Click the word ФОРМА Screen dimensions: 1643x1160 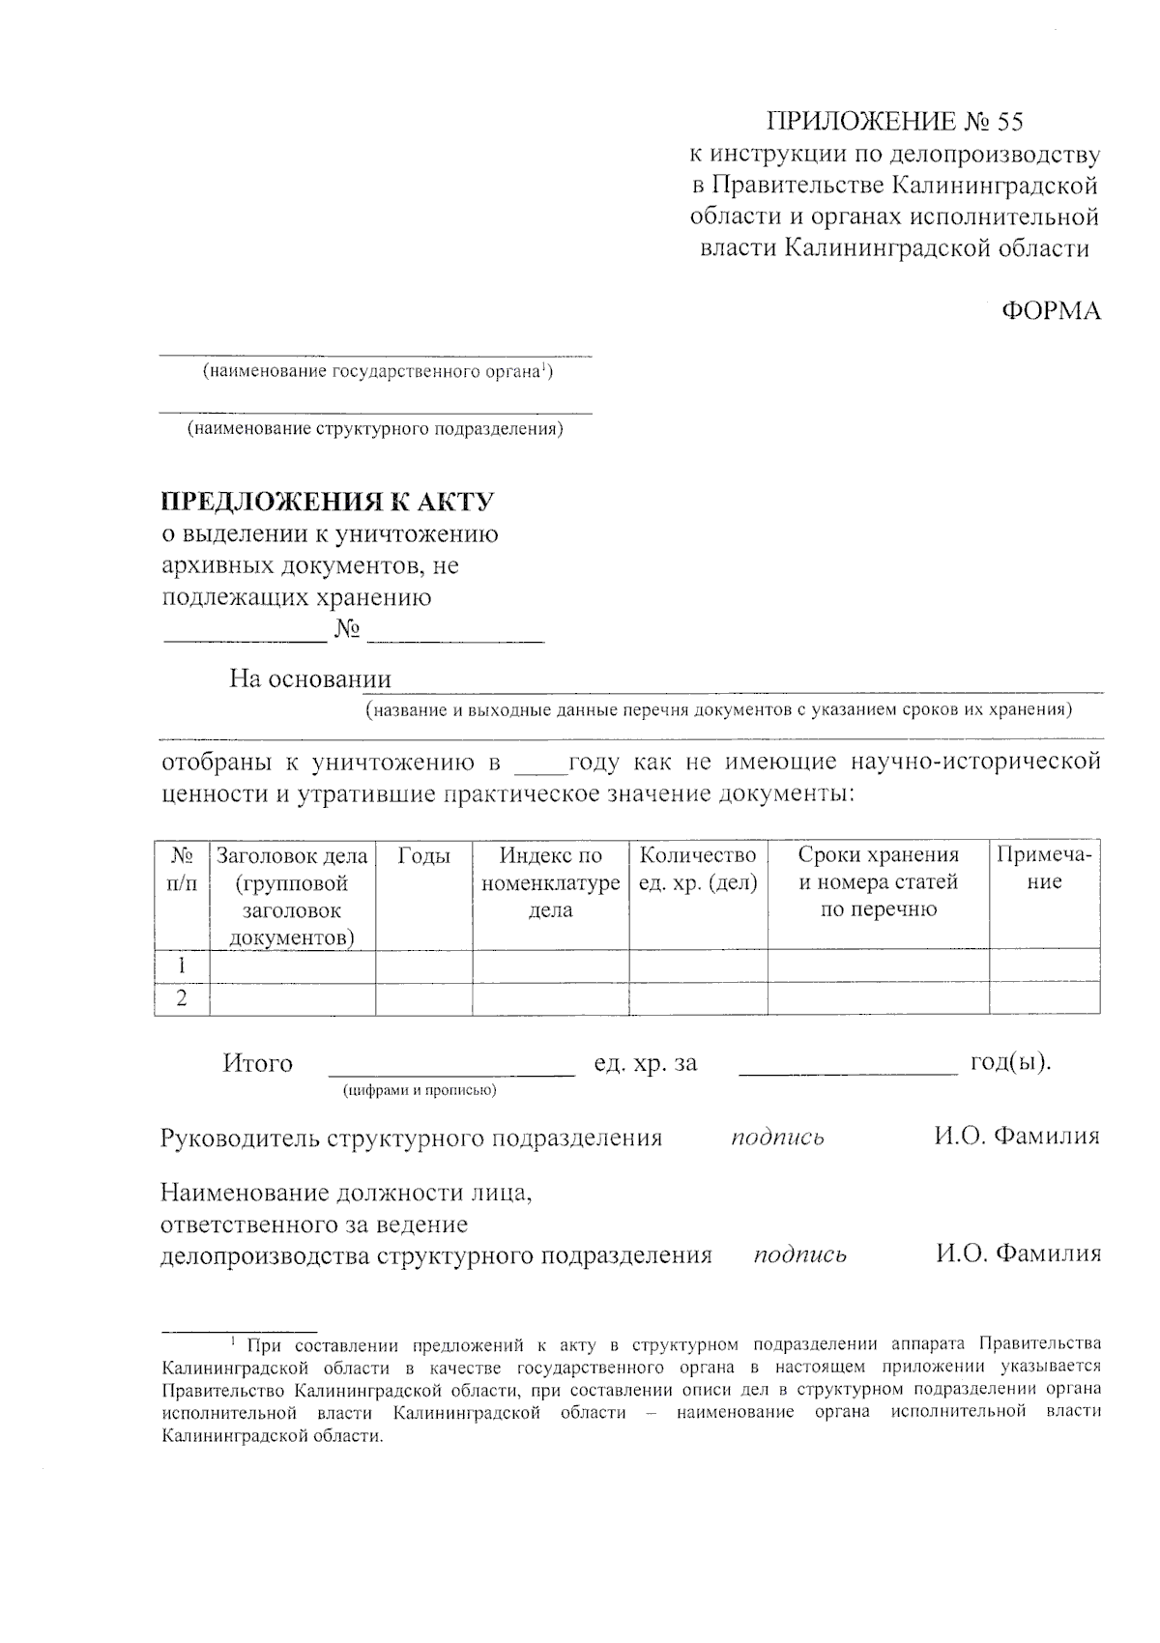pyautogui.click(x=1051, y=311)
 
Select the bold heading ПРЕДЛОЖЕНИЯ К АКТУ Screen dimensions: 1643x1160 pyautogui.click(x=328, y=502)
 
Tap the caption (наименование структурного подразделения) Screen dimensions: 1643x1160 pyautogui.click(x=375, y=429)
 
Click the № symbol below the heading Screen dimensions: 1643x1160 pyautogui.click(x=348, y=630)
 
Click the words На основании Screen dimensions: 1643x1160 pyautogui.click(x=310, y=678)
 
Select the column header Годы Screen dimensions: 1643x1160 pyautogui.click(x=423, y=855)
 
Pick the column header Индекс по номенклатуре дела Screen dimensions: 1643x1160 pyautogui.click(x=551, y=881)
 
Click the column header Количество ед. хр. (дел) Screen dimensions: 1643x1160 pyautogui.click(x=698, y=868)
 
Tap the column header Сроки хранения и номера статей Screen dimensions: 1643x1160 pyautogui.click(x=878, y=881)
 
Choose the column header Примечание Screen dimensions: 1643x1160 pyautogui.click(x=1044, y=868)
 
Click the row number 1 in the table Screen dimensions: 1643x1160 pyautogui.click(x=182, y=966)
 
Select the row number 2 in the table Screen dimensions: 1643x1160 pyautogui.click(x=182, y=998)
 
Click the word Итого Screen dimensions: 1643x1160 pyautogui.click(x=258, y=1063)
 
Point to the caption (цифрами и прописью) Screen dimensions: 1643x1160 pyautogui.click(x=420, y=1091)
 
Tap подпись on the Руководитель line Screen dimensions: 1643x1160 pyautogui.click(x=777, y=1137)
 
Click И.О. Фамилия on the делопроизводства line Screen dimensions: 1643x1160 pyautogui.click(x=1018, y=1254)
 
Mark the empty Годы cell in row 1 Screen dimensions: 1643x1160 pyautogui.click(x=423, y=966)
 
